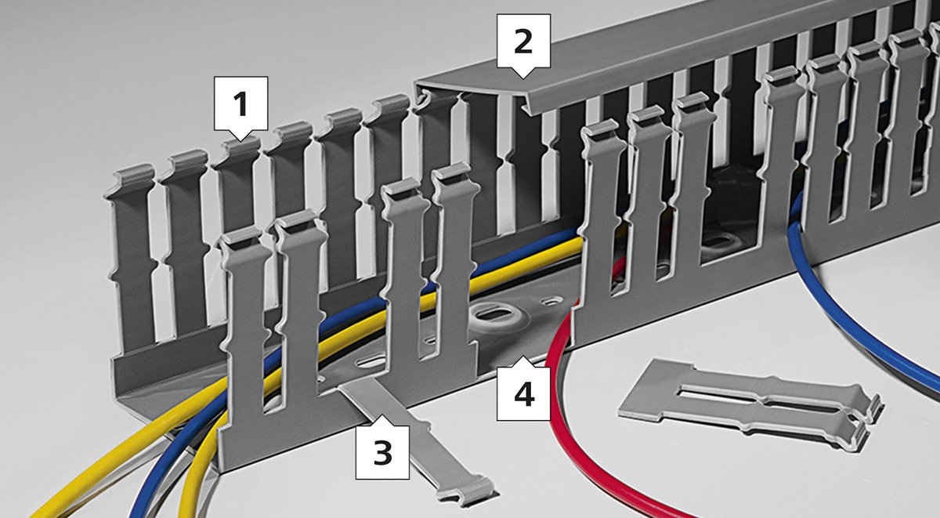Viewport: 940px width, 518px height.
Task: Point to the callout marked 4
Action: pos(523,393)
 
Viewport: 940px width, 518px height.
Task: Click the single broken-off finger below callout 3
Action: pos(420,440)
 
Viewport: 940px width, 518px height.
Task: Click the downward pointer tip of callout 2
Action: pos(523,78)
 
